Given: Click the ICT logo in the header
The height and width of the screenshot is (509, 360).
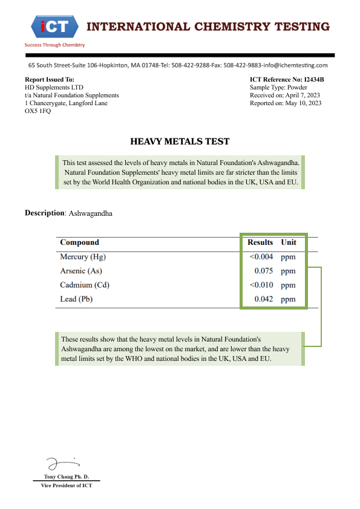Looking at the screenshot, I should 54,26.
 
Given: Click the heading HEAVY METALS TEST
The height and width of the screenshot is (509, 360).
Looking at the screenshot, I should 180,141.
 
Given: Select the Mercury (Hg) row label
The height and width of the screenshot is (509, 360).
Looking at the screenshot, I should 83,257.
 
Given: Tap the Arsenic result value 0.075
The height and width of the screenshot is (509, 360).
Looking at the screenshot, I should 264,271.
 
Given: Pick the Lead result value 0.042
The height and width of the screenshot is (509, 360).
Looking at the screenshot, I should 264,299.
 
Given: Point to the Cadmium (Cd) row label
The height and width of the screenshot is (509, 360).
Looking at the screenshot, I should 85,285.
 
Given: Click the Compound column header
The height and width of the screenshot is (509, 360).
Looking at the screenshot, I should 79,242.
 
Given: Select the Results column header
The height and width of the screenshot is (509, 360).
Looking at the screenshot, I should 260,242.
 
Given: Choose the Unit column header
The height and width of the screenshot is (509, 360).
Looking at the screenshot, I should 289,242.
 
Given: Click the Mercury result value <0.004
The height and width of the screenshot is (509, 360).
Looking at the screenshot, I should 261,257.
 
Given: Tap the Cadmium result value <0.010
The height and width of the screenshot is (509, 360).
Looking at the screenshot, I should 261,285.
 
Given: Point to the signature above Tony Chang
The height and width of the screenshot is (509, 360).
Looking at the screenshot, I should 61,464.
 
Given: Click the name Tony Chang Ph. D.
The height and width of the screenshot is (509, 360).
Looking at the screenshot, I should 67,477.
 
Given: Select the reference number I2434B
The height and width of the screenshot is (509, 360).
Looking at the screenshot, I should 313,80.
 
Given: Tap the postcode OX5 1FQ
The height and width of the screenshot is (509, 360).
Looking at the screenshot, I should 38,111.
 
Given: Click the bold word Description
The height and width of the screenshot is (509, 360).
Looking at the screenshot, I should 44,213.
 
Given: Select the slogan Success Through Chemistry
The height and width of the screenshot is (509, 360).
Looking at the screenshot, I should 54,45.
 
